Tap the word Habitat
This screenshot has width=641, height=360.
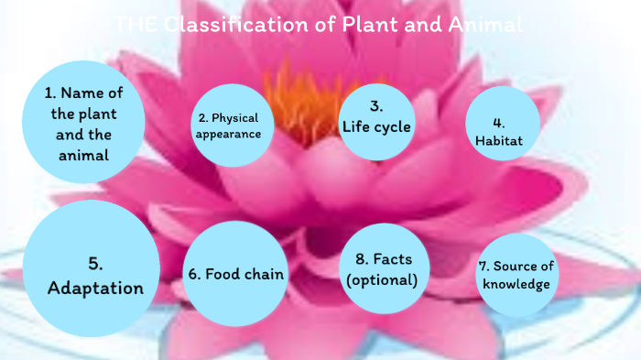tap(499, 141)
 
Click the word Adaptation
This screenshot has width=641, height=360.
tap(96, 289)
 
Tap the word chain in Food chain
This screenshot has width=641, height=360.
tap(263, 274)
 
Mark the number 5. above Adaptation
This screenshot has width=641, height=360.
tap(95, 264)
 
